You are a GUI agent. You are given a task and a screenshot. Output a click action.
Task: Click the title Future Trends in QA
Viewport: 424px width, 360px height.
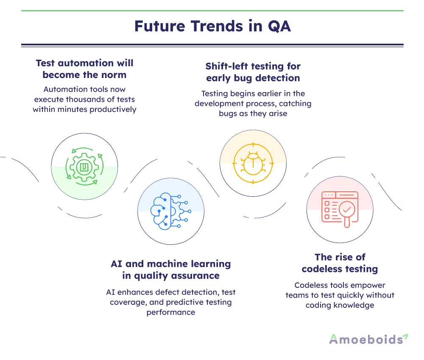[x=212, y=26]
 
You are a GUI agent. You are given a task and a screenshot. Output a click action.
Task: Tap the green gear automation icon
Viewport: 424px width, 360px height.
[x=84, y=166]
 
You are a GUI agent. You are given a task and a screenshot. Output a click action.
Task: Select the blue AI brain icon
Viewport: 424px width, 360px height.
[x=170, y=211]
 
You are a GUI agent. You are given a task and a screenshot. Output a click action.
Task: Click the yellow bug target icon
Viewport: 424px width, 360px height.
[x=253, y=163]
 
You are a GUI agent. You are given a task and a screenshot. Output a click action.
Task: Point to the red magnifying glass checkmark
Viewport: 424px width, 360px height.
[x=347, y=212]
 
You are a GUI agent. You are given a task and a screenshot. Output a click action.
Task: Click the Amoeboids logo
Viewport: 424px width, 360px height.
[x=368, y=339]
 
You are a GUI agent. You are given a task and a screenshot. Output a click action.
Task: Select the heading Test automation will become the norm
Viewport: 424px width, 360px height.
[x=84, y=69]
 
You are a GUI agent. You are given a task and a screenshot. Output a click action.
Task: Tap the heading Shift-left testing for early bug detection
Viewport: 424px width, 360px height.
[x=253, y=72]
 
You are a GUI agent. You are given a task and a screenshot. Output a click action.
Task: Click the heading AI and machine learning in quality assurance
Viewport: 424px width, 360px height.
[x=171, y=270]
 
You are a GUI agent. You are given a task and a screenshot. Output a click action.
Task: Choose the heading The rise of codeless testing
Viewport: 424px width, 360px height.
[x=340, y=263]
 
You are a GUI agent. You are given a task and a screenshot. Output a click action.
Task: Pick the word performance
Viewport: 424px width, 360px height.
[x=171, y=313]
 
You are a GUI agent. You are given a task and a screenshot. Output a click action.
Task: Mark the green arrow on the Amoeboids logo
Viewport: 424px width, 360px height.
[x=405, y=337]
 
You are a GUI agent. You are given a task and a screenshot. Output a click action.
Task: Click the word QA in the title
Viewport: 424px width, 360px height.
[x=279, y=26]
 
